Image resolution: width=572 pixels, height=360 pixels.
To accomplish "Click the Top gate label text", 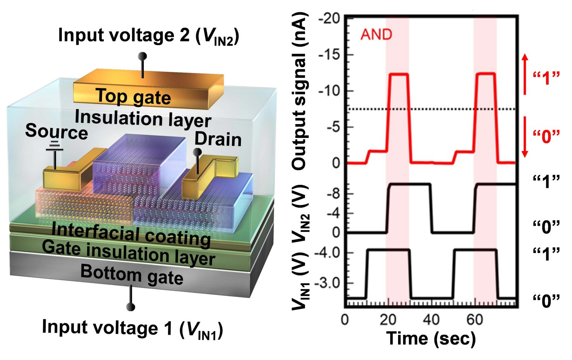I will [x=133, y=97].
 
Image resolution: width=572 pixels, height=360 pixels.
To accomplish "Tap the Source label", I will [x=56, y=132].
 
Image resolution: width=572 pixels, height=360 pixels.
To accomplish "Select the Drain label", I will [x=218, y=139].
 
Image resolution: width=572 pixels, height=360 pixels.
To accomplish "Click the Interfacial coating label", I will [x=131, y=234].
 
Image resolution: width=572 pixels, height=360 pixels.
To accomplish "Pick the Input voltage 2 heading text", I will [x=148, y=36].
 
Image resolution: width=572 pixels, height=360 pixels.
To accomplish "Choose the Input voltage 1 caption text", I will [x=133, y=328].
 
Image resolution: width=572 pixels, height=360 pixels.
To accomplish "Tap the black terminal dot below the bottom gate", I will [x=131, y=307].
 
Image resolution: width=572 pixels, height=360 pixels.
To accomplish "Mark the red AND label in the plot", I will [x=376, y=35].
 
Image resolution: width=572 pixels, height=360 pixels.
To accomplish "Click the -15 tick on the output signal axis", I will [x=330, y=55].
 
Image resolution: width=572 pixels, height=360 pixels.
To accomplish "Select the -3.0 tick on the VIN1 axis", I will [x=327, y=282].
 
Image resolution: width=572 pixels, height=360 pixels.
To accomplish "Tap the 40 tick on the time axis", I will [x=431, y=319].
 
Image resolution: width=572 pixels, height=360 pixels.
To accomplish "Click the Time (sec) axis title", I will [x=431, y=338].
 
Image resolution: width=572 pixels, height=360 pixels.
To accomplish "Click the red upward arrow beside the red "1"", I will [x=524, y=74].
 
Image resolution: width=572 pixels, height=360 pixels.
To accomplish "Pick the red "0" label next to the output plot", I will [x=546, y=136].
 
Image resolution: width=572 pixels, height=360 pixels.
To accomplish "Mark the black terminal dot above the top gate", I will [x=142, y=56].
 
